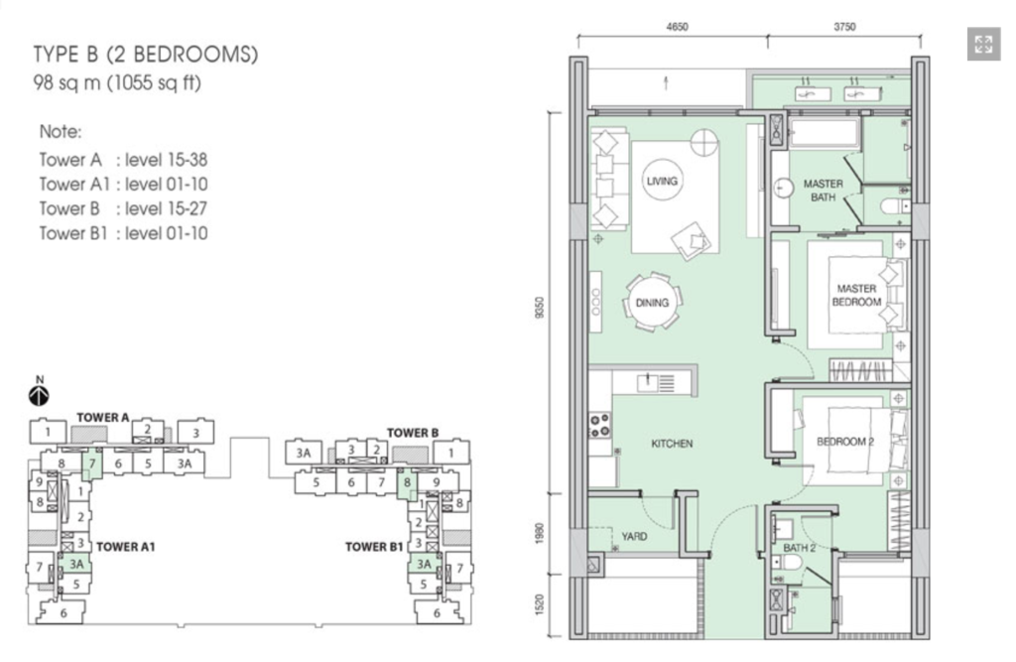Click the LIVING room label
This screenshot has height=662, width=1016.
pos(662,181)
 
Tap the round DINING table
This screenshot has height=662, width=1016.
pos(652,303)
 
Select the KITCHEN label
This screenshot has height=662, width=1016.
pos(672,444)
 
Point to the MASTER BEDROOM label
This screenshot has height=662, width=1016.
pos(856,295)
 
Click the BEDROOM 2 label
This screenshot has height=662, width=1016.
pos(845,442)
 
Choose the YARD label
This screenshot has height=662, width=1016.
pos(634,536)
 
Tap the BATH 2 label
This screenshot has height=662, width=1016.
pos(800,548)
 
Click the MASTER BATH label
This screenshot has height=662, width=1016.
pos(824,191)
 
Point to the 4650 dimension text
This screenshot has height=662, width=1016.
pos(677,27)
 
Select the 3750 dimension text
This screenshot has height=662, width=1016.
pos(844,27)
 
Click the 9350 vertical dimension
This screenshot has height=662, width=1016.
pos(540,308)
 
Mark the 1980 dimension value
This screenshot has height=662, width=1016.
pos(540,534)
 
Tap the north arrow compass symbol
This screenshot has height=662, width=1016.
pos(39,395)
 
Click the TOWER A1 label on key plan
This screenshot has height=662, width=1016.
pos(126,547)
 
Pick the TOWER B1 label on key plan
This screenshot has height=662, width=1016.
pos(374,547)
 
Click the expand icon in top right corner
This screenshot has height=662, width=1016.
pos(983,44)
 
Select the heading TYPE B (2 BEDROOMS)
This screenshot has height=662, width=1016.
pos(146,55)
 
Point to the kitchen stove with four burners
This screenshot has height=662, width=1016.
pos(599,425)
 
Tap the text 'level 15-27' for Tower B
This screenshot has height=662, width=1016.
pos(166,208)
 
